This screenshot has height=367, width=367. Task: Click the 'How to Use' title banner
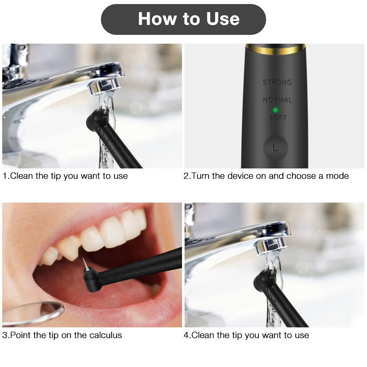183,19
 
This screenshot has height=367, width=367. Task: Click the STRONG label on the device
277,83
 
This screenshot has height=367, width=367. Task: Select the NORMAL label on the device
277,100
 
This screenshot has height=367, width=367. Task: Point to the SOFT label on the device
277,118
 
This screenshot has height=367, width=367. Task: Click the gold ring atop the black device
275,47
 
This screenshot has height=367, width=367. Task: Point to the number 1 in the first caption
4,176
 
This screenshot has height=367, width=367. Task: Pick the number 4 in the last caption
186,335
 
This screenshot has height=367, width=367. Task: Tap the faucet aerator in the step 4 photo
270,246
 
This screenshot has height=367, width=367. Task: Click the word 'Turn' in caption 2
201,176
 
